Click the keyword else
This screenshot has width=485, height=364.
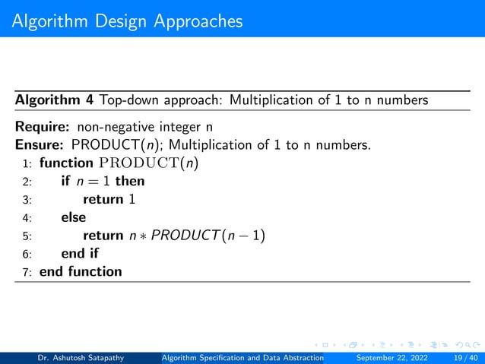pos(74,217)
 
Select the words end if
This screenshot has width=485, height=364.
pos(80,254)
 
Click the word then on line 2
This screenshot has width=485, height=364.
pos(130,181)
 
